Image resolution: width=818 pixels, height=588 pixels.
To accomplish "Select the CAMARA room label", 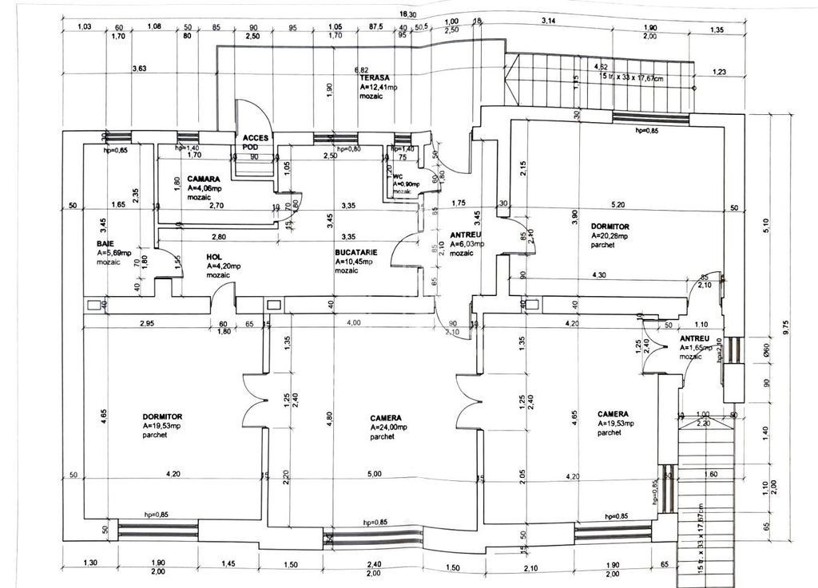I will (x=204, y=179).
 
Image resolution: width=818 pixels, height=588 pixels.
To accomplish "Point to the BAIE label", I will (x=105, y=243).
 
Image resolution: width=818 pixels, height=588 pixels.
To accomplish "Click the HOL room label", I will (x=214, y=257).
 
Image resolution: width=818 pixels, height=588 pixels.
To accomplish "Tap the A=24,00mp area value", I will (x=388, y=427).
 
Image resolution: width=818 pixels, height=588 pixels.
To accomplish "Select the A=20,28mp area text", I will (x=610, y=236).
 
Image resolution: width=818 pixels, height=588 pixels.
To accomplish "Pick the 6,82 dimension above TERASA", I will (x=361, y=70).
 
